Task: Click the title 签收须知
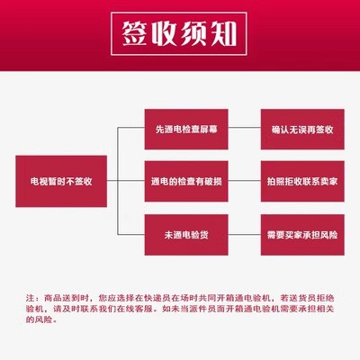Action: [x=179, y=33]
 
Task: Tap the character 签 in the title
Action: [x=135, y=33]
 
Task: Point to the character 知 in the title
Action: [x=223, y=33]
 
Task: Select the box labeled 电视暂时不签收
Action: [x=61, y=181]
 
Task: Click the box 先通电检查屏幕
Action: [x=186, y=130]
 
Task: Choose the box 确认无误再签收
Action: [x=302, y=130]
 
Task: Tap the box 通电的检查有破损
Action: [x=186, y=181]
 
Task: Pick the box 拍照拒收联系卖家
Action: [x=302, y=181]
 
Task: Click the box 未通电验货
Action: [x=186, y=235]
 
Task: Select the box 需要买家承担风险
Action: [x=302, y=235]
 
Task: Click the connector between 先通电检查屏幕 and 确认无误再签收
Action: [x=245, y=128]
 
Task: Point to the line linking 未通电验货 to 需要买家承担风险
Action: [x=245, y=234]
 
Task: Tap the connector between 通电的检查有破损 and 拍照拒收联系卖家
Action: [x=245, y=181]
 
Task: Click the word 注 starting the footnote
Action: [x=30, y=298]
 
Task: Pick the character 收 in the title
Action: [x=164, y=33]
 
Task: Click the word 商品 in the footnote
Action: [x=53, y=298]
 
